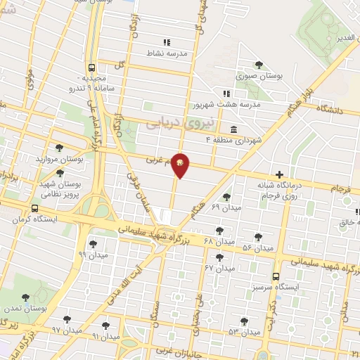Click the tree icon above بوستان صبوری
pyautogui.click(x=259, y=65)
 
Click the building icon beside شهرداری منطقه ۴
pyautogui.click(x=233, y=129)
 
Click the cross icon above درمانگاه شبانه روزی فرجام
pyautogui.click(x=280, y=174)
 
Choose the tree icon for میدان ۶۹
pyautogui.click(x=226, y=198)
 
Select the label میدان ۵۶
pyautogui.click(x=257, y=248)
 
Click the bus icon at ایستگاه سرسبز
pyautogui.click(x=276, y=276)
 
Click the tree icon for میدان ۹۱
pyautogui.click(x=105, y=325)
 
